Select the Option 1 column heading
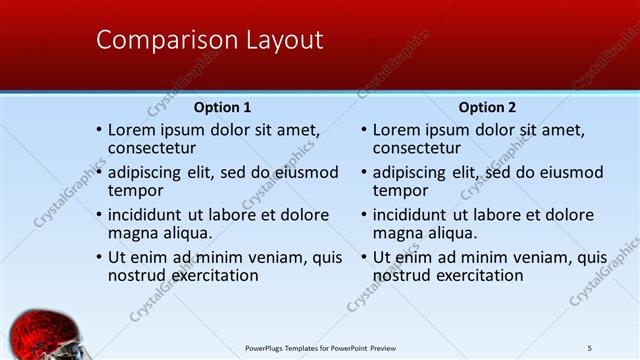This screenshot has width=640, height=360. [x=222, y=107]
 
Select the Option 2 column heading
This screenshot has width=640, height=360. [x=488, y=107]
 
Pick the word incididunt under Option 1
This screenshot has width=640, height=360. [x=145, y=215]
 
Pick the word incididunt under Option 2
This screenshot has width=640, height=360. [x=410, y=215]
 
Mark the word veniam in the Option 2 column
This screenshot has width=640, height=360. [x=541, y=256]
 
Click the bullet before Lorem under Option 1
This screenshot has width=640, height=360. [x=98, y=130]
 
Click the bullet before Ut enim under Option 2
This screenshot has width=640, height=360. [x=363, y=256]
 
